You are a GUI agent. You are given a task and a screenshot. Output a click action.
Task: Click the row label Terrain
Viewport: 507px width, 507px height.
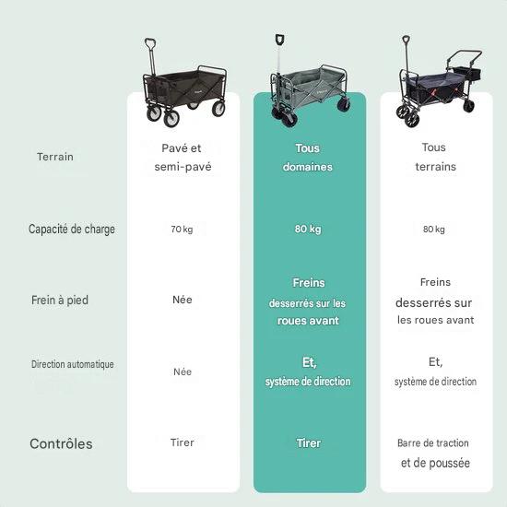[55, 157]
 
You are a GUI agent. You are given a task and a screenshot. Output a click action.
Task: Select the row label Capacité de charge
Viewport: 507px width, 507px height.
[72, 229]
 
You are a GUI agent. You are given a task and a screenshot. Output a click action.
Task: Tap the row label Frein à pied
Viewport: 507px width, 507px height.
[60, 301]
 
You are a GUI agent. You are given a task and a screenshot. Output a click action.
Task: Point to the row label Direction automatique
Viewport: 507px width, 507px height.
[73, 364]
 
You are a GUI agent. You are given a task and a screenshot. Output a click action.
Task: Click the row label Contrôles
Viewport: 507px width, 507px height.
[61, 443]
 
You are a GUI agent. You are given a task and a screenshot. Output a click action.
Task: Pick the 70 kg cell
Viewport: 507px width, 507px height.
[182, 230]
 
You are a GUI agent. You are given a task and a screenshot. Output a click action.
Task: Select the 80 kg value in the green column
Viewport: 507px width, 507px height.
[308, 229]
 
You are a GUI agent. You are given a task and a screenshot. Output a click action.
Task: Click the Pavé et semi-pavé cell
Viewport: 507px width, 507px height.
[183, 158]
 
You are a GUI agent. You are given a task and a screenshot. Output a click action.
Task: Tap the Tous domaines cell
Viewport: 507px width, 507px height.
[308, 158]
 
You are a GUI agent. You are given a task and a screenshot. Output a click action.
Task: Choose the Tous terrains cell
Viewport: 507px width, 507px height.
[435, 157]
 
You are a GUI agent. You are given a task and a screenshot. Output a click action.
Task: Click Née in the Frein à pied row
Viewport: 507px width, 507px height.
[183, 300]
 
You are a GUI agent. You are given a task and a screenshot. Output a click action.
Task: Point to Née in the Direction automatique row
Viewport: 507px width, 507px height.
[183, 371]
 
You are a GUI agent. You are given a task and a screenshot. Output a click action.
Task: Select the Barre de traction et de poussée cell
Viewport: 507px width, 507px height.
[434, 453]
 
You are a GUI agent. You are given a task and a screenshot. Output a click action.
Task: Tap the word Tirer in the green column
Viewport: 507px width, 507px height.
[309, 443]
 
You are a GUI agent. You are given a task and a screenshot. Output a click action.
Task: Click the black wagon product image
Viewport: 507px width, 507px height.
[184, 83]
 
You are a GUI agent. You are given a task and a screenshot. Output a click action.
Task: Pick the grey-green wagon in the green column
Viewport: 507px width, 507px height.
[310, 81]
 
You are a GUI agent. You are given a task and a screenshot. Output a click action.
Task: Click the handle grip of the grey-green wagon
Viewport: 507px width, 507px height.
[279, 40]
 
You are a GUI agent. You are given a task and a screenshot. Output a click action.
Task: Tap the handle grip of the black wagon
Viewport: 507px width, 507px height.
[150, 43]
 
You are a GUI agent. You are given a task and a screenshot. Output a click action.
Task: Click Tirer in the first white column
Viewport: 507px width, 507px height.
[183, 442]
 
